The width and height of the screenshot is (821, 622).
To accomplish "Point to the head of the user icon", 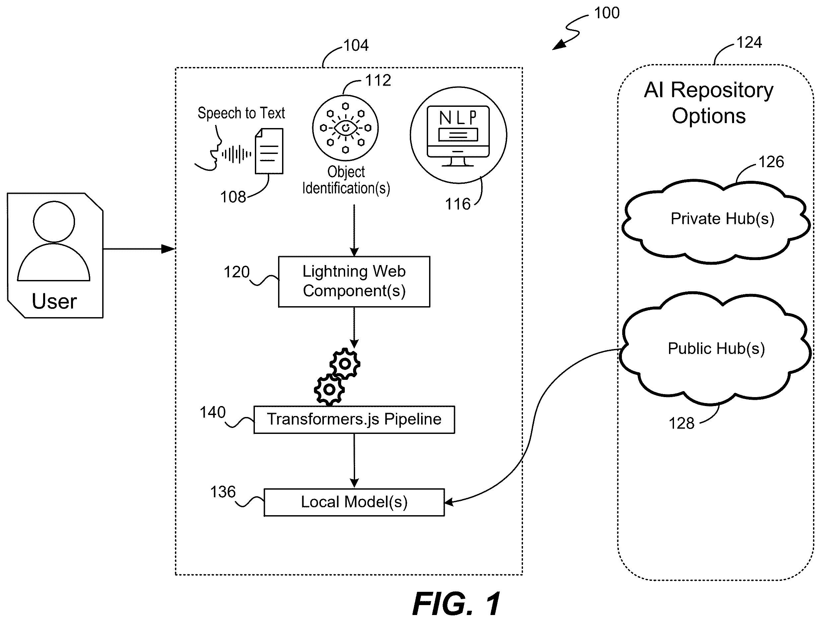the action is (x=54, y=222).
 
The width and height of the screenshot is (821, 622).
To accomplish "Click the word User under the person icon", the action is (x=54, y=301).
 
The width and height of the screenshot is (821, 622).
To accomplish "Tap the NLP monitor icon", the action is (x=458, y=136).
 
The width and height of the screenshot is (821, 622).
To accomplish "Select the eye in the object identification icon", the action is (x=345, y=128).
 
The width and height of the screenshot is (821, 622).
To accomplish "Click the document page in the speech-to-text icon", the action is (x=269, y=151).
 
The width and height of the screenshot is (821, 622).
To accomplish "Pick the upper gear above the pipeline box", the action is (x=345, y=363).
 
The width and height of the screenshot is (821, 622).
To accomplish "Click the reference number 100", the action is (x=607, y=13).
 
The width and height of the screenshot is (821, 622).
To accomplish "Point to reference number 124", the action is (x=749, y=42).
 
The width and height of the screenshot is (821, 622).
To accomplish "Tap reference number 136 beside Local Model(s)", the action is (x=223, y=492).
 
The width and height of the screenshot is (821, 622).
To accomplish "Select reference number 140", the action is (x=213, y=412).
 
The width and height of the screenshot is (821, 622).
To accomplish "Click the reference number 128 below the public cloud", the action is (x=681, y=423).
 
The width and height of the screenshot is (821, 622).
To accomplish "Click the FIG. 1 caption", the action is (x=457, y=604).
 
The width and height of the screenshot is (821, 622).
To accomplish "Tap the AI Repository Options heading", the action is (x=709, y=103).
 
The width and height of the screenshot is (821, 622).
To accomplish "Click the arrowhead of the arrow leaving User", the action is (x=169, y=249).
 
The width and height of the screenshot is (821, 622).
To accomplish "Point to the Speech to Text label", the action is (x=241, y=113).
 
